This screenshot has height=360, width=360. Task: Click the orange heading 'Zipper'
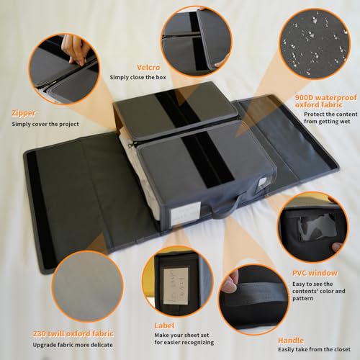24,113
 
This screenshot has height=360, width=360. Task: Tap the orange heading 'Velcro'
148,68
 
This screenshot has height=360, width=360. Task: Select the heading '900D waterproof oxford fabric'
326,101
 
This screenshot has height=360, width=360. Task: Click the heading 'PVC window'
315,273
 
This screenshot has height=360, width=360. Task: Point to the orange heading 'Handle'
291,340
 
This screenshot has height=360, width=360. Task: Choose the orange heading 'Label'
164,325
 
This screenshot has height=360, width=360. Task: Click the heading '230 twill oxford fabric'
73,333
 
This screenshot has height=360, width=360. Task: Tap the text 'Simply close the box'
138,77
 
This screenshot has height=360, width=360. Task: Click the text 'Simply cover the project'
45,124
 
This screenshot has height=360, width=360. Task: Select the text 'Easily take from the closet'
315,349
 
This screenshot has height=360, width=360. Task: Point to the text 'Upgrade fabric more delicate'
73,345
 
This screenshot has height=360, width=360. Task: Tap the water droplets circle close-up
315,43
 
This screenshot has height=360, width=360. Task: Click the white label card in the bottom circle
176,286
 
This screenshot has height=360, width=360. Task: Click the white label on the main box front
186,213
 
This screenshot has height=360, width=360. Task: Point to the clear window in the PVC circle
318,227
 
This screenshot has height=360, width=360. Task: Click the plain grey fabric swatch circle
87,286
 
